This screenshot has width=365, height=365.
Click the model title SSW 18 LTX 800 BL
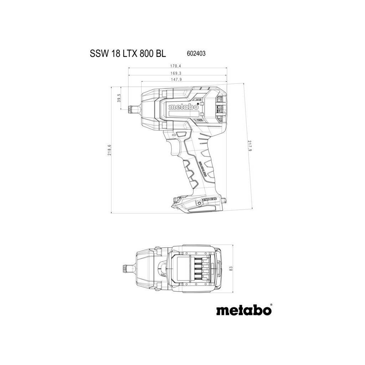(x=128, y=54)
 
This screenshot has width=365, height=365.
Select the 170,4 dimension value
(x=176, y=66)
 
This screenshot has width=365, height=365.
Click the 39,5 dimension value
(x=119, y=98)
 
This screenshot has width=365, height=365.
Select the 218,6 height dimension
(x=110, y=150)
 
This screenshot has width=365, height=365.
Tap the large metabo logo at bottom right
(x=244, y=310)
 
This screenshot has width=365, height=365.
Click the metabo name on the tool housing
(x=184, y=107)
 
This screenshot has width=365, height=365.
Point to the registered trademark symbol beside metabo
(x=271, y=305)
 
